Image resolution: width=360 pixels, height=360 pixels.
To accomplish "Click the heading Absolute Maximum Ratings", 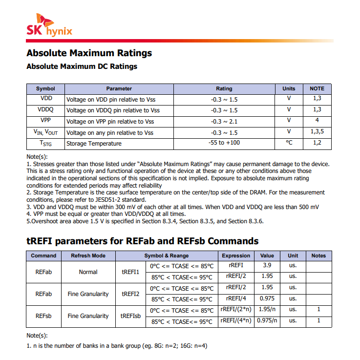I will point(89,53).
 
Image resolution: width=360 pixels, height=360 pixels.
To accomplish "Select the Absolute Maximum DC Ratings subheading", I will point(82,66).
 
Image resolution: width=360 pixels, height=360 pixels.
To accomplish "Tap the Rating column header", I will point(224,89).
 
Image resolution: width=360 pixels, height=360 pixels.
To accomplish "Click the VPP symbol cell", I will point(45,121).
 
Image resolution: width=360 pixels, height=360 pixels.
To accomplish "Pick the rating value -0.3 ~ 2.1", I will point(224,121).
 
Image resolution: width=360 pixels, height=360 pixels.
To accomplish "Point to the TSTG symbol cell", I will point(45,144).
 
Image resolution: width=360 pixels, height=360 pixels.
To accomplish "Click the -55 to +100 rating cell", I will point(224,143).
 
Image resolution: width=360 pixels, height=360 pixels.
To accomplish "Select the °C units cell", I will point(289,143).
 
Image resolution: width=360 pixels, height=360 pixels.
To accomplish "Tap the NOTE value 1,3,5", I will point(317,132).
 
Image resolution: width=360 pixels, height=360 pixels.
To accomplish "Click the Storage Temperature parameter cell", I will point(94,144).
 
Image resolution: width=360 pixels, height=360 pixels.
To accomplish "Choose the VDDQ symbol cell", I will point(45,110).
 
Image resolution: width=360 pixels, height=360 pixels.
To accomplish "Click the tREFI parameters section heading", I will point(142,241).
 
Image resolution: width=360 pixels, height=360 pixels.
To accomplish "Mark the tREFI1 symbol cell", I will point(130,272).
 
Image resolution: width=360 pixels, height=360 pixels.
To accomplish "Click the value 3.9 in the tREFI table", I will point(267,266).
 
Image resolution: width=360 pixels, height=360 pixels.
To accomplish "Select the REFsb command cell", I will point(43,316).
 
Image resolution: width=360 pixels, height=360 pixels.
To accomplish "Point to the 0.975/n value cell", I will point(267,321).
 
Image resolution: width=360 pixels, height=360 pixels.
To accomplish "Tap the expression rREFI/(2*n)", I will point(235,310).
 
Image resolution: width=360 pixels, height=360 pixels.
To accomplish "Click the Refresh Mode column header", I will point(88,255).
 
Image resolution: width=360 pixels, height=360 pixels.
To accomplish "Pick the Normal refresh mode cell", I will point(88,272).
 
